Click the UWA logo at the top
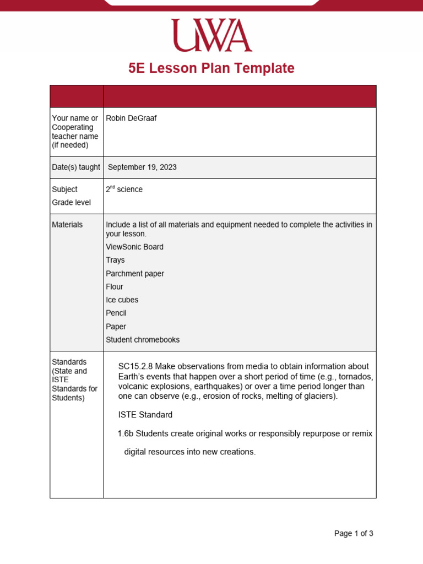pyautogui.click(x=211, y=36)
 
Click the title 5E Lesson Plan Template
pyautogui.click(x=211, y=68)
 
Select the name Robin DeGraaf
pyautogui.click(x=131, y=118)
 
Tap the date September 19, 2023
pyautogui.click(x=142, y=167)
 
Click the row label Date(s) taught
pyautogui.click(x=76, y=167)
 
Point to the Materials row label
pyautogui.click(x=67, y=225)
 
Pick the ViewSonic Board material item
pyautogui.click(x=134, y=247)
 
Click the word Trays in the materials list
pyautogui.click(x=115, y=260)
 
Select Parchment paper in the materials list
pyautogui.click(x=135, y=274)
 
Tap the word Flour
pyautogui.click(x=115, y=287)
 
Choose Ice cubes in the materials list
pyautogui.click(x=122, y=300)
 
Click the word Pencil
pyautogui.click(x=116, y=313)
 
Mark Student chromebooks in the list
pyautogui.click(x=143, y=340)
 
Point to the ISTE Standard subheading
pyautogui.click(x=145, y=415)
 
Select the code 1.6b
pyautogui.click(x=126, y=433)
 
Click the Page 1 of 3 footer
pyautogui.click(x=354, y=533)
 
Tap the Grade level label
pyautogui.click(x=72, y=202)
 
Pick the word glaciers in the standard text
pyautogui.click(x=319, y=395)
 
